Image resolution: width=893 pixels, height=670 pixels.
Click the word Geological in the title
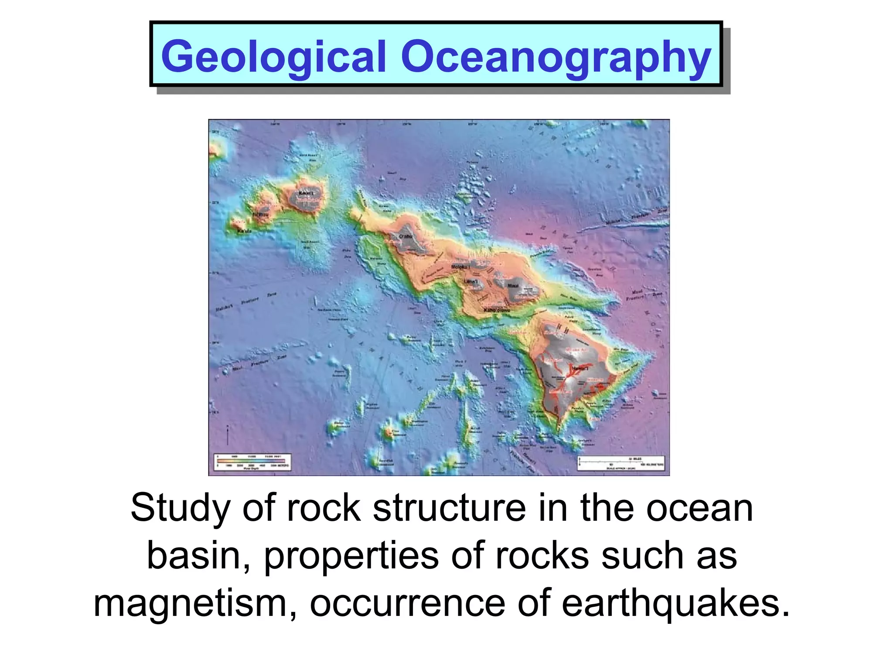(274, 57)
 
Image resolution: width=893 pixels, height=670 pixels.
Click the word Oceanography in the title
(556, 57)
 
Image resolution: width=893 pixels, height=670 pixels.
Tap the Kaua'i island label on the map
(306, 193)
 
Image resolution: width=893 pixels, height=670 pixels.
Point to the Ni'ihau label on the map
(261, 215)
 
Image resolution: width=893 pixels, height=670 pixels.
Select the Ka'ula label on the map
(244, 231)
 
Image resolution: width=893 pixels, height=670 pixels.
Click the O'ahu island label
(406, 236)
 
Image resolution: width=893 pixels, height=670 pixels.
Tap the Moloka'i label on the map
(459, 267)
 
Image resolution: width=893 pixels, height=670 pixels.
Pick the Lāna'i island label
(470, 281)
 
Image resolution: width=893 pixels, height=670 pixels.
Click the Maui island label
(513, 286)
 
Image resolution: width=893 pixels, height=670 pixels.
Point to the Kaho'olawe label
(497, 310)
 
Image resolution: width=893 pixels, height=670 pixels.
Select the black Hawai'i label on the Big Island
(580, 369)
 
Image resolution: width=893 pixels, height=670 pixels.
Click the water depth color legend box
(252, 462)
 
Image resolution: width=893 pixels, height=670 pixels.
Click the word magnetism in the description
(190, 605)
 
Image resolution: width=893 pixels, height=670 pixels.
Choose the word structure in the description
(449, 509)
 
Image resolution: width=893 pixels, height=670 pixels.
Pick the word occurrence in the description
(407, 605)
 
